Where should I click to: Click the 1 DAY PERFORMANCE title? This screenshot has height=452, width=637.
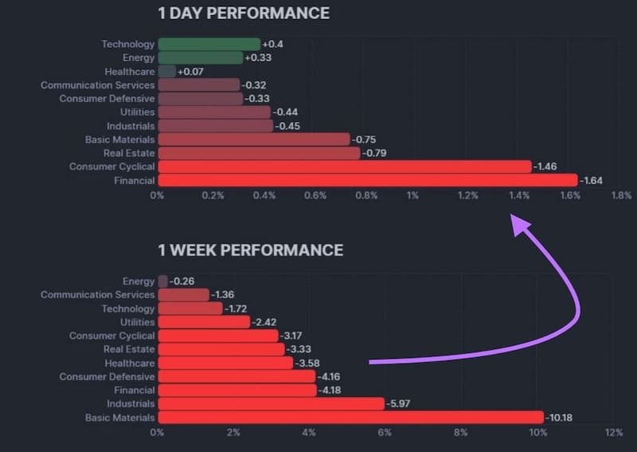click(x=243, y=14)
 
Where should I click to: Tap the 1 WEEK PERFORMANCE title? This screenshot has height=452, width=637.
click(x=250, y=250)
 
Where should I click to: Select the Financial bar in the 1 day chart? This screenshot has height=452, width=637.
click(x=367, y=180)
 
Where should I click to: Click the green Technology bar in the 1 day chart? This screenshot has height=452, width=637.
click(x=209, y=44)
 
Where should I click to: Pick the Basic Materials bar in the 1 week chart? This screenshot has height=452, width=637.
click(x=350, y=417)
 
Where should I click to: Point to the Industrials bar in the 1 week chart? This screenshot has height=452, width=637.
click(x=271, y=403)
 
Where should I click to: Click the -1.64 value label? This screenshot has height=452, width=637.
click(x=592, y=180)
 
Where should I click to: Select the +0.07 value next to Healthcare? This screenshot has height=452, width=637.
click(x=191, y=72)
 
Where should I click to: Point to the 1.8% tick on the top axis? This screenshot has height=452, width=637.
click(x=620, y=195)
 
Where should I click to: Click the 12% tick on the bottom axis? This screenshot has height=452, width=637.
click(x=613, y=433)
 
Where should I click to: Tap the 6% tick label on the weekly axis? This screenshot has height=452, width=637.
click(x=385, y=433)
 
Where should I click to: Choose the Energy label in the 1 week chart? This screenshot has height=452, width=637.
click(x=139, y=281)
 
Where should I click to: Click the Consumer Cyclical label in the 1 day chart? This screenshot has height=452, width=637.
click(x=111, y=167)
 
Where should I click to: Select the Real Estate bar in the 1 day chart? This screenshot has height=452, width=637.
click(x=259, y=153)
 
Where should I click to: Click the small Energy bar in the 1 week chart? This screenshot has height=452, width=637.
click(x=162, y=281)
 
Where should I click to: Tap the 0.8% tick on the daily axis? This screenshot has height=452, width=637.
click(x=366, y=195)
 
